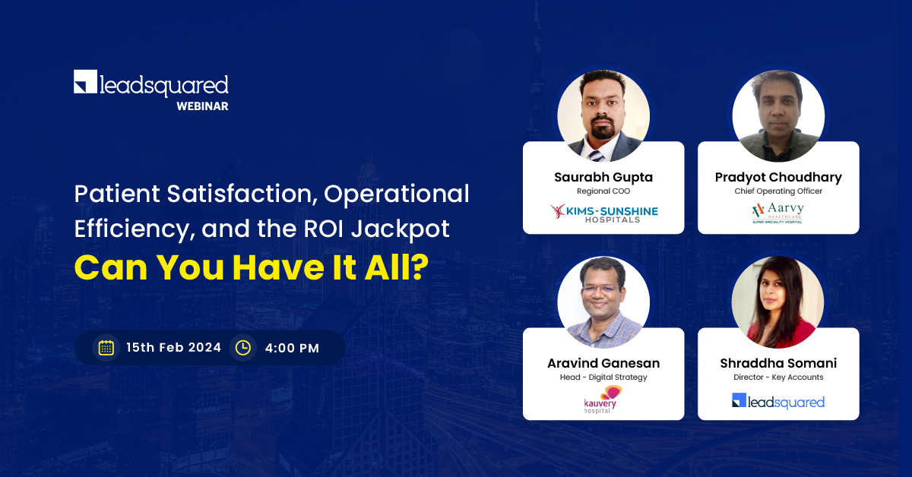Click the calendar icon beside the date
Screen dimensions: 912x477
[x=106, y=348]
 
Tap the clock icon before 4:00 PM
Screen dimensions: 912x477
[x=243, y=348]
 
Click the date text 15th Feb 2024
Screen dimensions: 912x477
[x=174, y=348]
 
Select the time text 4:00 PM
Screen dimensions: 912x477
[x=292, y=349]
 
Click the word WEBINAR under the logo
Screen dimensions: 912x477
[x=202, y=106]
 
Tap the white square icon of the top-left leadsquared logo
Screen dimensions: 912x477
[x=85, y=81]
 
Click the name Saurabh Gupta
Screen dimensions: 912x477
[x=603, y=178]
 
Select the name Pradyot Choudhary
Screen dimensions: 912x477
[x=778, y=178]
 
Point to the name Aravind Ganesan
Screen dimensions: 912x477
[x=603, y=363]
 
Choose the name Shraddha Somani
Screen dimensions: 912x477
[x=778, y=363]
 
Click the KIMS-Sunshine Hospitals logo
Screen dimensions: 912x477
[x=603, y=213]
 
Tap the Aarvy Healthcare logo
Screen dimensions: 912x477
[x=777, y=213]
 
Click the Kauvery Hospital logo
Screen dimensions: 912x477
[x=603, y=400]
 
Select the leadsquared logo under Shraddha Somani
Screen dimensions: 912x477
[x=778, y=401]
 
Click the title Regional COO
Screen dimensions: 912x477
[x=603, y=191]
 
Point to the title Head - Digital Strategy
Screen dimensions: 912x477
[x=603, y=377]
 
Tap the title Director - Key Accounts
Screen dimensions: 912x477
[x=778, y=377]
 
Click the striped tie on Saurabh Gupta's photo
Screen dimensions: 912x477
[x=595, y=156]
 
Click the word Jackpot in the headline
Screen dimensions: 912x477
[x=401, y=229]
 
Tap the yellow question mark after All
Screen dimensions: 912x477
[x=420, y=267]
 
